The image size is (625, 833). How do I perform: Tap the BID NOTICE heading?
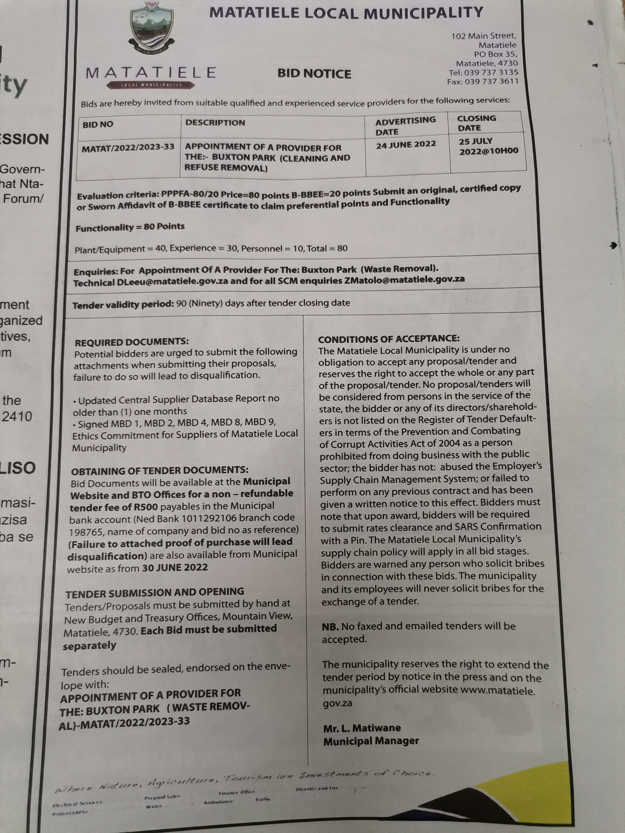[x=314, y=74]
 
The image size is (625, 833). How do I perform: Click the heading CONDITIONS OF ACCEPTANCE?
[x=388, y=339]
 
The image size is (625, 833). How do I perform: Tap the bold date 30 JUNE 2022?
[x=175, y=567]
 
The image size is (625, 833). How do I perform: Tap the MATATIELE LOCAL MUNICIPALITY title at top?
[x=346, y=13]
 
